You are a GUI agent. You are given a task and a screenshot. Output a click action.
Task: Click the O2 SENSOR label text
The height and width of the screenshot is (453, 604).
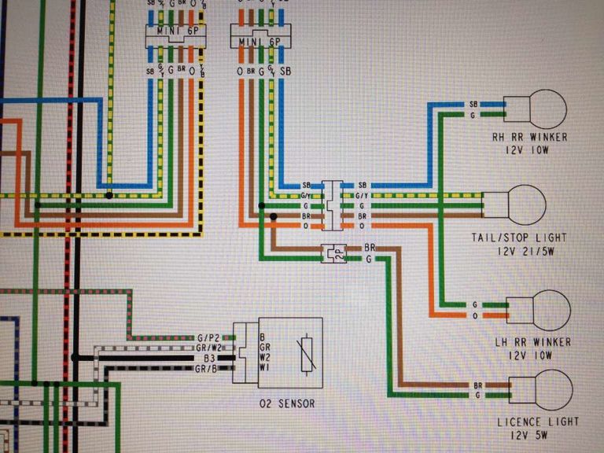click(x=286, y=403)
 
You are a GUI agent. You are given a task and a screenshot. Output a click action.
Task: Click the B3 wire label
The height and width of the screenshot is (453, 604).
click(x=209, y=358)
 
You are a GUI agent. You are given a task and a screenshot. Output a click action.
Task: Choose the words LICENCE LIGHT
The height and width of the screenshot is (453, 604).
click(x=538, y=422)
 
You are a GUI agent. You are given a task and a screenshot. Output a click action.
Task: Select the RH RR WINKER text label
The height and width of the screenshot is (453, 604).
click(x=528, y=137)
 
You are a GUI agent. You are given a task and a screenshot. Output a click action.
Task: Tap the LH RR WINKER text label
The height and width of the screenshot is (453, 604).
click(x=533, y=343)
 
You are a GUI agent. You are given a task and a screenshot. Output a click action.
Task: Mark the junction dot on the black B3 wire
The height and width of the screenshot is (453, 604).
click(x=75, y=357)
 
